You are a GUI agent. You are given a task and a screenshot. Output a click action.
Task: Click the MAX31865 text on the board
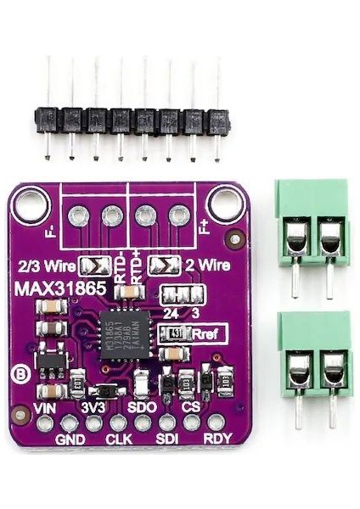tap(59, 288)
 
